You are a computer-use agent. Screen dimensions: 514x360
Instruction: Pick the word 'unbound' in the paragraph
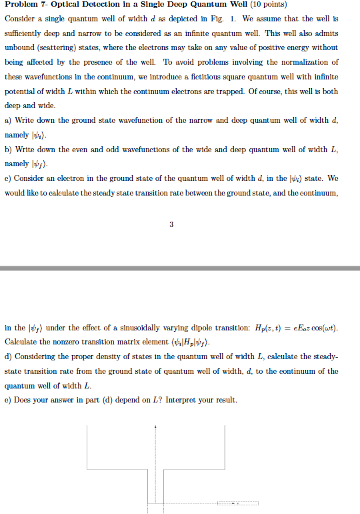tap(19, 48)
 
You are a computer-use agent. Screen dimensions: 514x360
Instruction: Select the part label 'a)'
tap(8, 119)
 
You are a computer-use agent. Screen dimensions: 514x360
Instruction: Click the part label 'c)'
tap(8, 178)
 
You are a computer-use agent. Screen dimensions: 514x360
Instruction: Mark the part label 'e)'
tap(8, 401)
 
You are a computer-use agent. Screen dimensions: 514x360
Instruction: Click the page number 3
tap(171, 225)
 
